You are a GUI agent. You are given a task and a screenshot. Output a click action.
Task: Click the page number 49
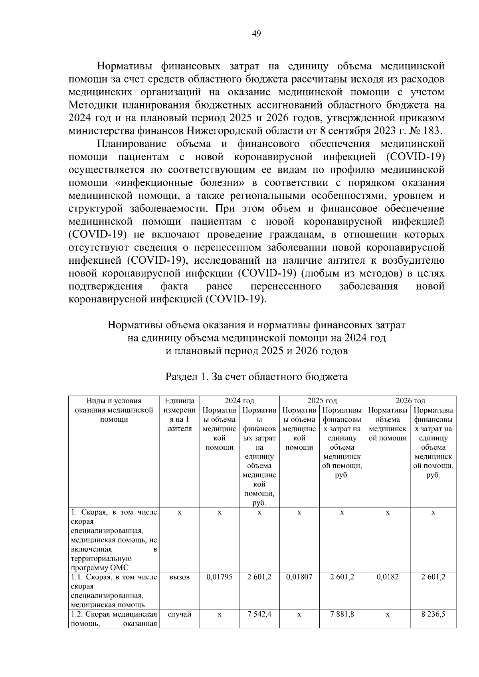257,34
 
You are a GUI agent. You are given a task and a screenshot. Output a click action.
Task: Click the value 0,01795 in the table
219,577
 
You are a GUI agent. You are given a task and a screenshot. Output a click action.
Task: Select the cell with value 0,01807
299,577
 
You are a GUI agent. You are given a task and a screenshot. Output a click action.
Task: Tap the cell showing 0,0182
387,577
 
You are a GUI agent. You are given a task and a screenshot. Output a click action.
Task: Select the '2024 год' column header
239,401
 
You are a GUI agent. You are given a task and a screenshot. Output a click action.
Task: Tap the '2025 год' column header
322,401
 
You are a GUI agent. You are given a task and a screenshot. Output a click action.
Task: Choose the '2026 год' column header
410,401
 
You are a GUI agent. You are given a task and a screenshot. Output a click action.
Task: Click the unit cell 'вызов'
179,577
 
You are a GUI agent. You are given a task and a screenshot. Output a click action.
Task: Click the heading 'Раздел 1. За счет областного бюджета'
256,377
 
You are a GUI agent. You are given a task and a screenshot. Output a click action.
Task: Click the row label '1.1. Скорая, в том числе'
114,577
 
